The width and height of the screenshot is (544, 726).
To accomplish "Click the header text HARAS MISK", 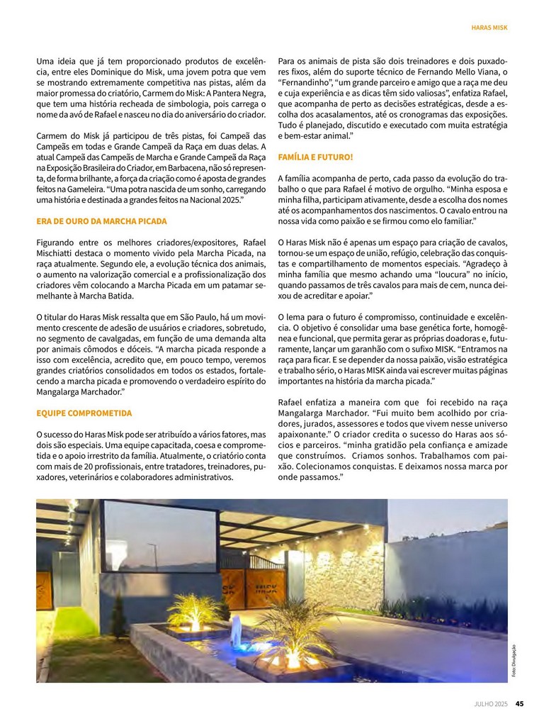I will point(489,28).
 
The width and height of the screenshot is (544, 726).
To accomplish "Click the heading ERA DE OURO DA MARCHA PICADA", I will point(101,221).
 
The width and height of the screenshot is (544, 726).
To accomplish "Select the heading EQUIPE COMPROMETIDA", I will point(84,413).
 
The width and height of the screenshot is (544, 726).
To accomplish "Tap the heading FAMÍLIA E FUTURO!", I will point(315,157).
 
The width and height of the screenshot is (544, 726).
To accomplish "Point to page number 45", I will point(519,704).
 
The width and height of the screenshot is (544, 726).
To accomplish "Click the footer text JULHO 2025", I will point(492,704).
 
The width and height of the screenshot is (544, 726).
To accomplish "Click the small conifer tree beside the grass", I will point(118,619).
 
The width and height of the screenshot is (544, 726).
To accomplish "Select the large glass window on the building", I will point(160,537).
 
